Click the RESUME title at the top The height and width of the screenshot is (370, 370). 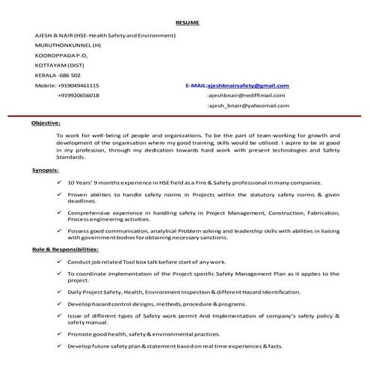[x=188, y=24]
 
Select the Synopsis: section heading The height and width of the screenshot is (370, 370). [x=45, y=171]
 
